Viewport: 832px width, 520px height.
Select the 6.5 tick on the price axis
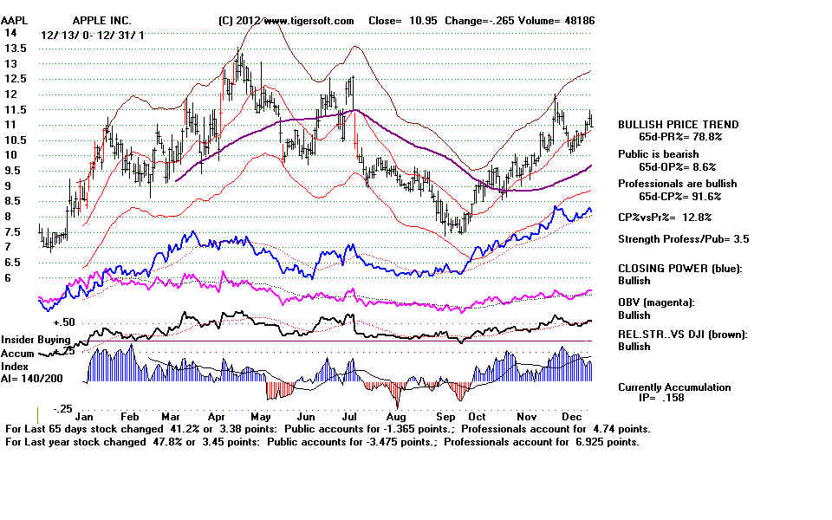pyautogui.click(x=13, y=262)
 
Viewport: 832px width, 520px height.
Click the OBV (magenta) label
pyautogui.click(x=656, y=302)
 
